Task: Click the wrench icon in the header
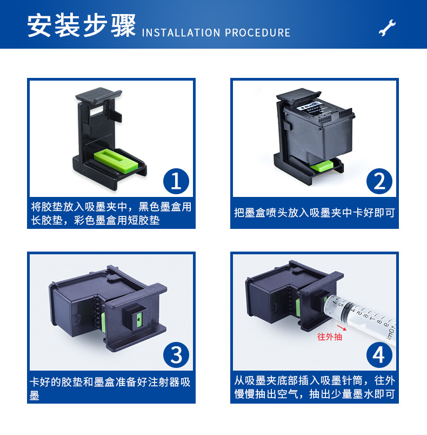387,28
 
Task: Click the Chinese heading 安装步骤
81,26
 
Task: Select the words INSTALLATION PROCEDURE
216,32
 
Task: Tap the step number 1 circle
176,181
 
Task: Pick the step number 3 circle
176,355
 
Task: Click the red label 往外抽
329,337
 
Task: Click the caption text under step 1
111,214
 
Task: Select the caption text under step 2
314,213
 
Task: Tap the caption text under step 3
111,388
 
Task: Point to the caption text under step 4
314,387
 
